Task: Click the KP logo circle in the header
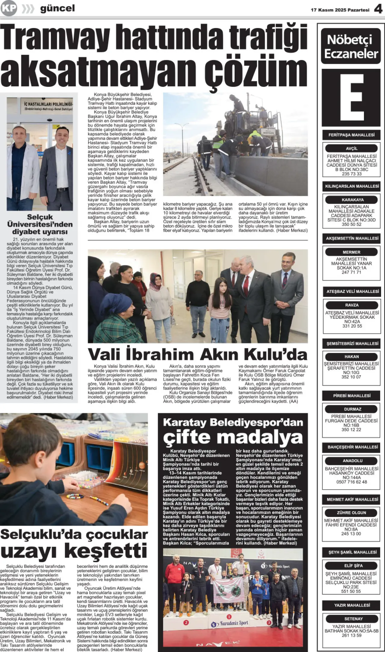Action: coord(8,8)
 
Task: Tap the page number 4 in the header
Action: coord(378,9)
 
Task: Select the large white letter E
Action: coord(351,98)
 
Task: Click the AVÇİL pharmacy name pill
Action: coord(351,148)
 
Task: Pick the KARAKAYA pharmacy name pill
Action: coord(351,200)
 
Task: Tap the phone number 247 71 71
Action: coord(351,272)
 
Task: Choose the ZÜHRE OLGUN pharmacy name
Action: coord(351,513)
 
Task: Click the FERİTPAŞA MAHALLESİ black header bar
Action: coord(351,135)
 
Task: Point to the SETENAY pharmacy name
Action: coord(351,619)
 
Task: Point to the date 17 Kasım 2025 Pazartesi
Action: coord(340,10)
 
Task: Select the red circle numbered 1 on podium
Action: coord(229,617)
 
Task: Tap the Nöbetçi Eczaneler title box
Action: coord(351,46)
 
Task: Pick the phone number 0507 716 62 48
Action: coord(351,482)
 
